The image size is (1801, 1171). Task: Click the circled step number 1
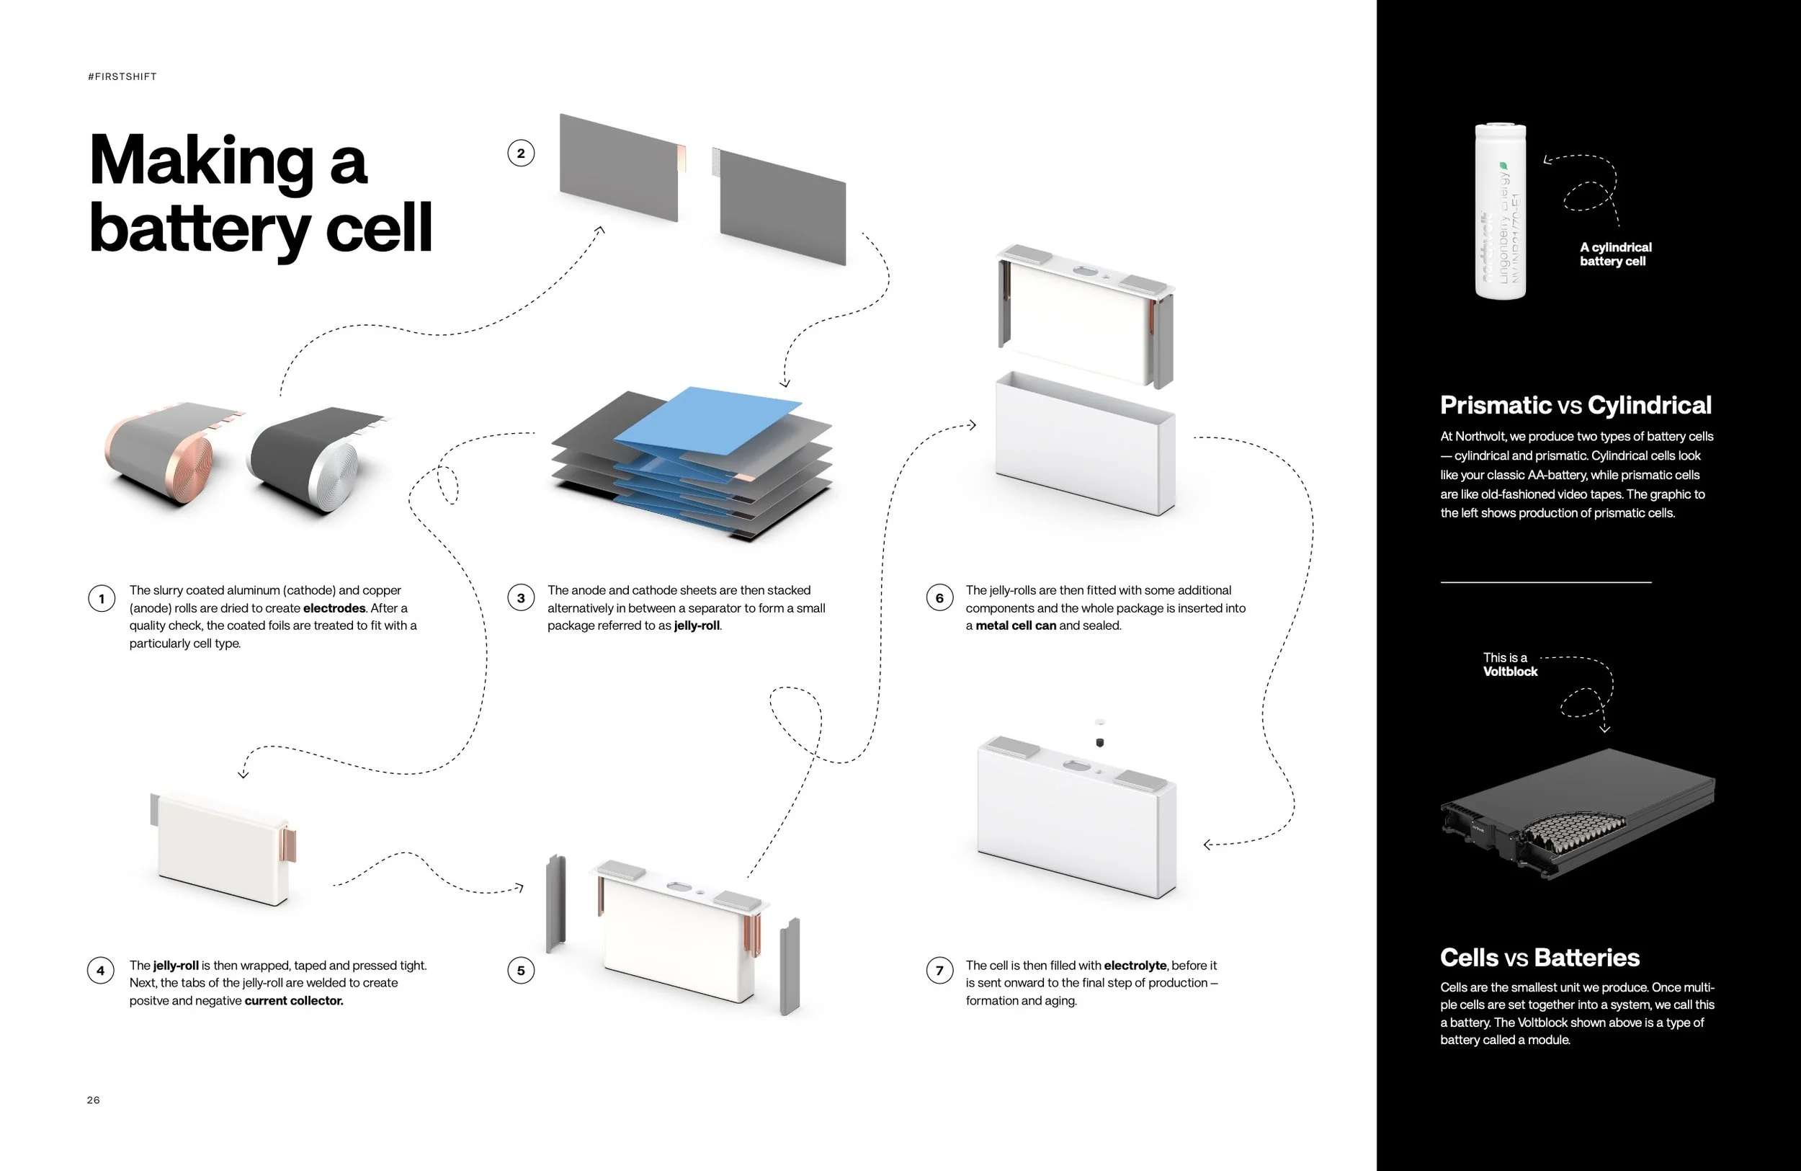(102, 599)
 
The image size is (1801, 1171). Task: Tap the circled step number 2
(521, 153)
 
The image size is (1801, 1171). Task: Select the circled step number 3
(521, 599)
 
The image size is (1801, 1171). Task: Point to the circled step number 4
(102, 971)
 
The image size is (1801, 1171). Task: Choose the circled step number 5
(521, 971)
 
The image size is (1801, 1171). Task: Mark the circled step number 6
(939, 599)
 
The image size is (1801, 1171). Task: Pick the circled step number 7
(939, 971)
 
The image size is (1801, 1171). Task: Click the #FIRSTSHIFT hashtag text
(122, 76)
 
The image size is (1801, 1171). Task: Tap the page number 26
(93, 1100)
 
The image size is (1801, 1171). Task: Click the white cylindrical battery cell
(1500, 212)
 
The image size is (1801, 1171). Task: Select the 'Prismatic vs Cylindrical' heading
(1576, 405)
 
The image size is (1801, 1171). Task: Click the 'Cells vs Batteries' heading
(1539, 958)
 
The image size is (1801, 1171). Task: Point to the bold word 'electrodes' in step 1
(334, 607)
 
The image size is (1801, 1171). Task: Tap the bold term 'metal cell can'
(1016, 625)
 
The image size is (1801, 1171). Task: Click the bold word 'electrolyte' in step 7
(1135, 965)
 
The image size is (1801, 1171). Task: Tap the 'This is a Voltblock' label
(1510, 664)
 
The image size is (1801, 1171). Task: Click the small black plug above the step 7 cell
(1099, 742)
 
